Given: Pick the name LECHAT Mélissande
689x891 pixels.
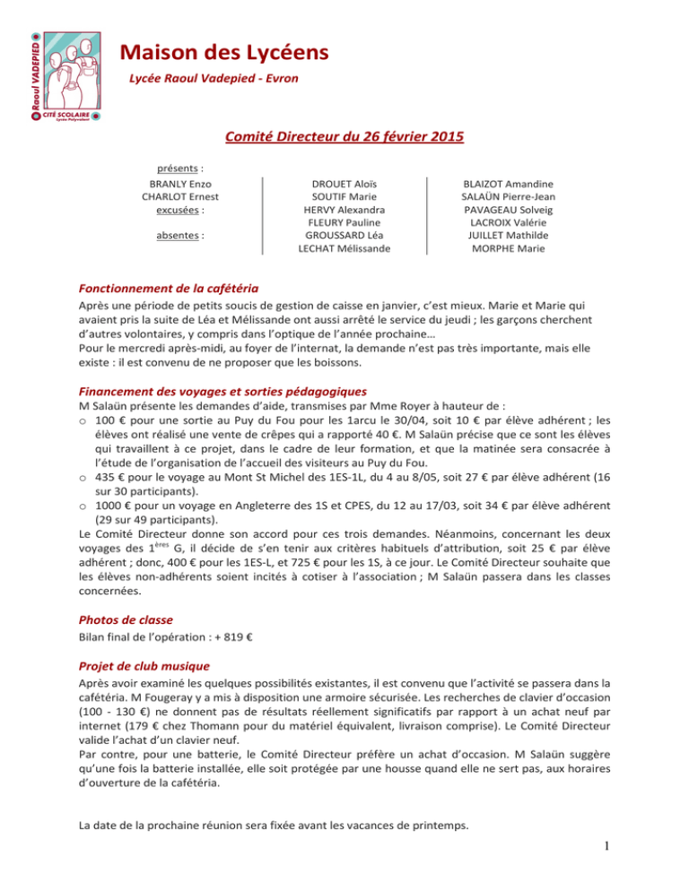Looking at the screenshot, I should (x=344, y=248).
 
